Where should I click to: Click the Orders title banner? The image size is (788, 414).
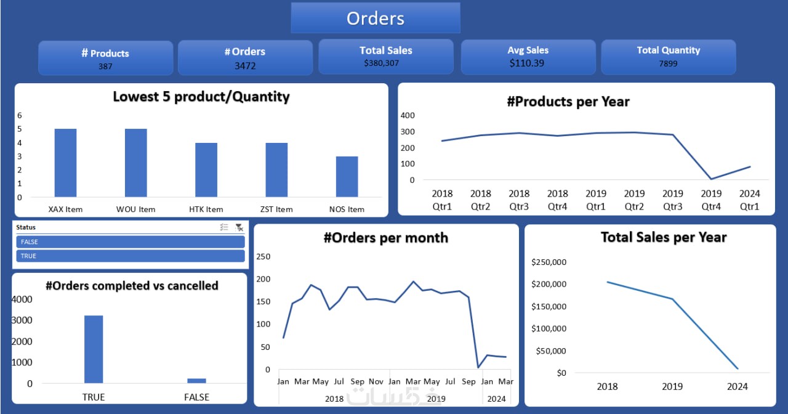(375, 18)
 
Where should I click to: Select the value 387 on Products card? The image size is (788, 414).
(105, 67)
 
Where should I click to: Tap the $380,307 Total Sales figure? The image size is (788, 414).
(386, 63)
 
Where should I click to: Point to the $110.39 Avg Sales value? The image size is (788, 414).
(527, 63)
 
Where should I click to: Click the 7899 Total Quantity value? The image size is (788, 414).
(668, 63)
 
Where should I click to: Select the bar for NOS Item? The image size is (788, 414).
(347, 177)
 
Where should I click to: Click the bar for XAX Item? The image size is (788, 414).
(65, 163)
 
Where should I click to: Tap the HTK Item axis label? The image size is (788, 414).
(206, 209)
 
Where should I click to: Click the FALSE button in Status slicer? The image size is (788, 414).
(130, 242)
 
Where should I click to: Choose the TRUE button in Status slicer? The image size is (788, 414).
(130, 256)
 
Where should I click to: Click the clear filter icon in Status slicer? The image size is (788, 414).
(239, 227)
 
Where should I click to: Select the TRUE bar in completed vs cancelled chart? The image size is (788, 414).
(94, 349)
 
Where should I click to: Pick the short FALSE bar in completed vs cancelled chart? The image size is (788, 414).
(196, 381)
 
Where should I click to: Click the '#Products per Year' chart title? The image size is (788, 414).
(568, 102)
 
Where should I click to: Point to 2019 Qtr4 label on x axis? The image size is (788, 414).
(711, 200)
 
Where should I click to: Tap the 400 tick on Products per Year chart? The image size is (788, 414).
(408, 115)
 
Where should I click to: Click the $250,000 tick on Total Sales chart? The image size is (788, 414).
(549, 262)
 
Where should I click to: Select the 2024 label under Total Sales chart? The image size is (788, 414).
(737, 386)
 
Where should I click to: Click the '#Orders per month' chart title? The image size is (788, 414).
(386, 238)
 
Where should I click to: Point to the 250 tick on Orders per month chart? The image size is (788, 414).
(263, 257)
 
